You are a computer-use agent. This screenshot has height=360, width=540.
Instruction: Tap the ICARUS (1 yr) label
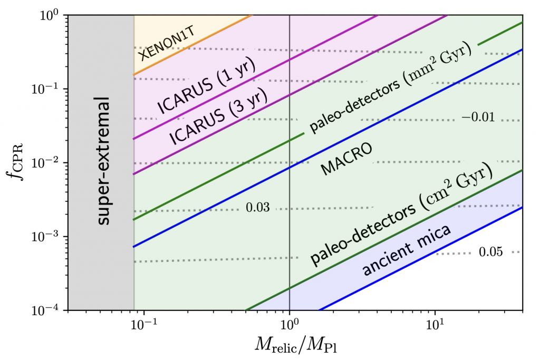(206, 86)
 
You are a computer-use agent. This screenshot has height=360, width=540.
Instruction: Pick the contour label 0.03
(258, 208)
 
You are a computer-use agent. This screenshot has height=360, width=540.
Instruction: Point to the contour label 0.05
(490, 252)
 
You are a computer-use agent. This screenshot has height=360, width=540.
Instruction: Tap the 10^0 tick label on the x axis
(290, 323)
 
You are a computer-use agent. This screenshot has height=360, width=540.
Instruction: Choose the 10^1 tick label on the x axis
(435, 323)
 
